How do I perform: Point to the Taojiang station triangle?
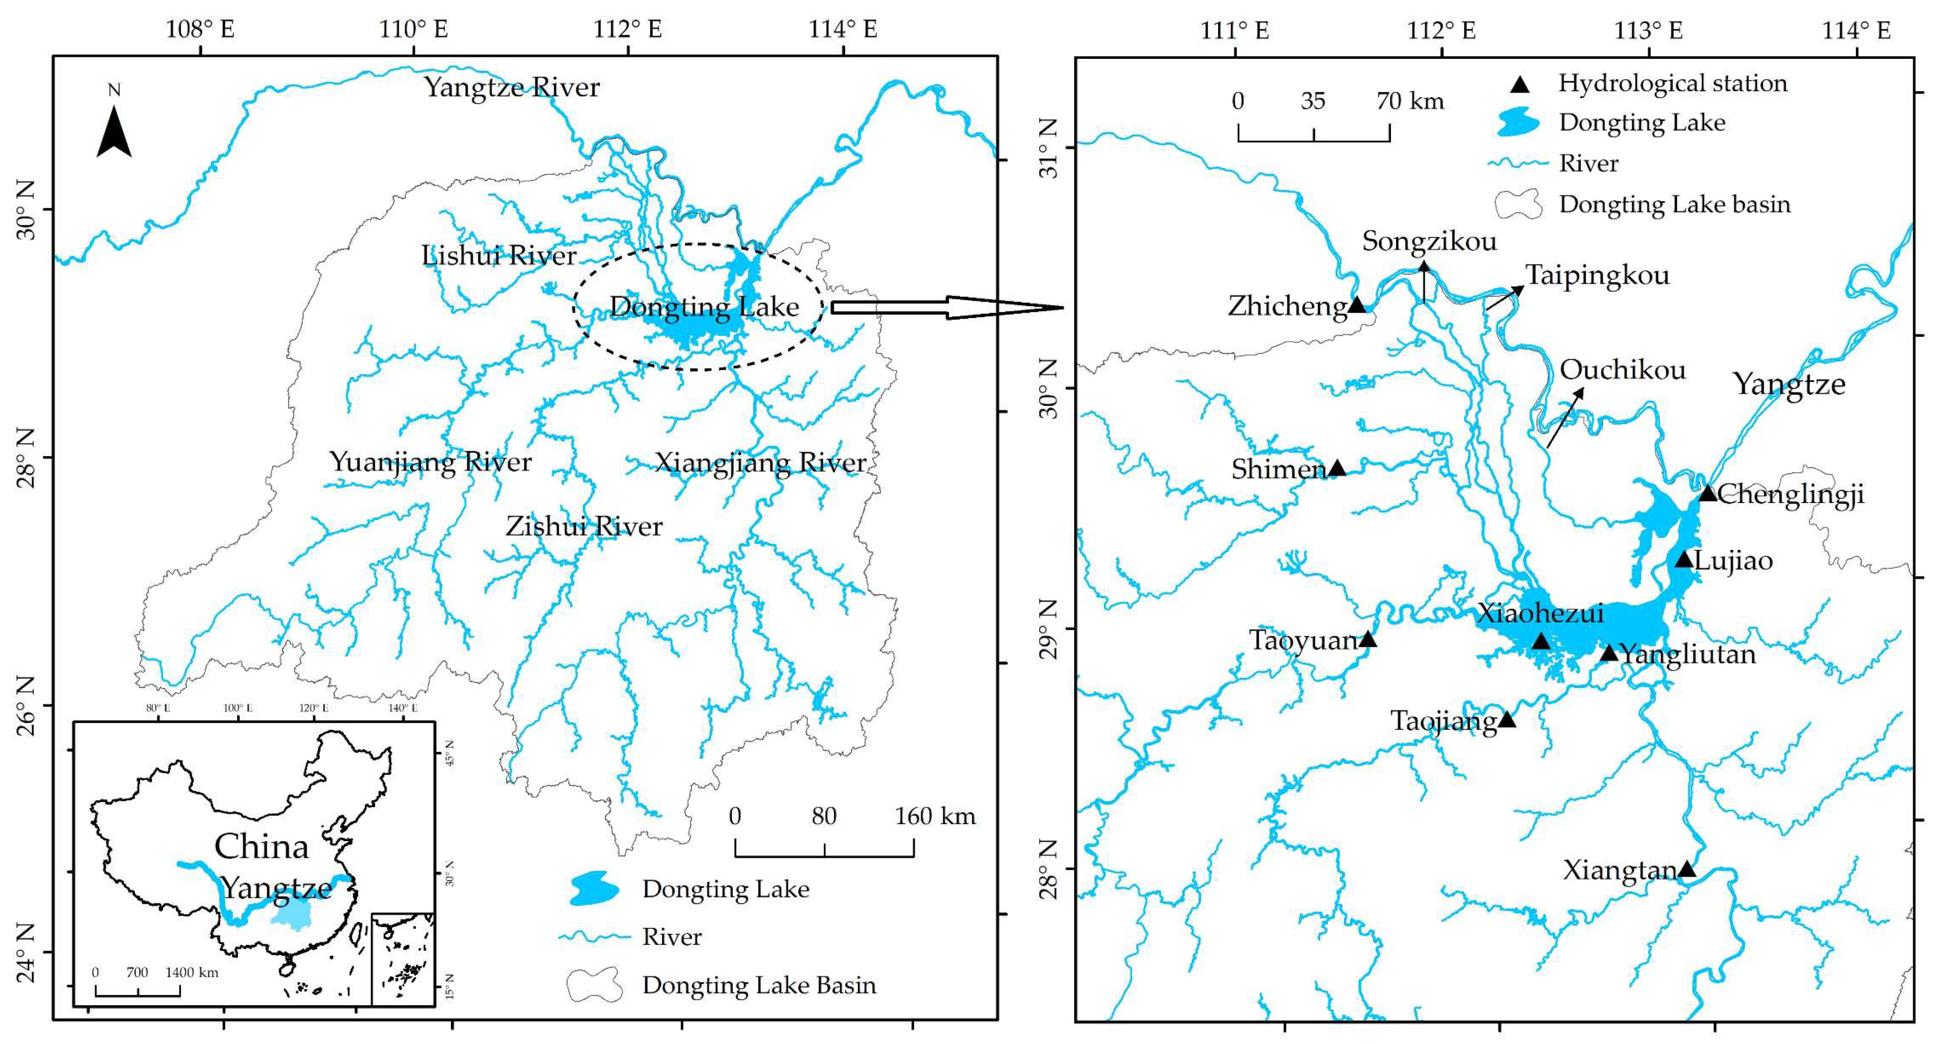(1506, 719)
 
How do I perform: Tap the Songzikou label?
(1429, 241)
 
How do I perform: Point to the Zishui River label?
(583, 526)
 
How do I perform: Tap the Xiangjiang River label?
(760, 462)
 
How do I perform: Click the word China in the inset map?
(261, 847)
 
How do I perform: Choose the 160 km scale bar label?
(935, 816)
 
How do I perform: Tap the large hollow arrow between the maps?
(946, 307)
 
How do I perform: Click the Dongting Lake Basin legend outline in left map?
(595, 984)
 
